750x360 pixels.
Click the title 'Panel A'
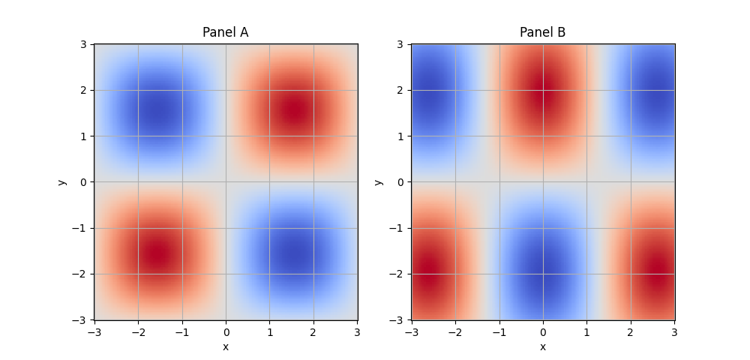click(225, 32)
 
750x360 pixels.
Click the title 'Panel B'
click(542, 32)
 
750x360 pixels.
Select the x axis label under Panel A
click(225, 346)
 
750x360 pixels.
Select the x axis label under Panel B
click(542, 346)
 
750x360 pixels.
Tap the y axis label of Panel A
click(62, 182)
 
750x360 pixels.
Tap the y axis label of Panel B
click(379, 182)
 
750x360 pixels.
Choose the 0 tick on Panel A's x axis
click(226, 331)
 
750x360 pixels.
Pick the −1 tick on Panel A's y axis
click(82, 228)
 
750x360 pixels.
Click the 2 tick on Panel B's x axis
click(631, 331)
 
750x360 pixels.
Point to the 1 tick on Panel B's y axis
click(402, 136)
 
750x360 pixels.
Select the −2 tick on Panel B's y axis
click(399, 274)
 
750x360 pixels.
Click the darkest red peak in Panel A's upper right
click(295, 110)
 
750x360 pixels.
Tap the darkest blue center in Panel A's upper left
click(157, 110)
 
